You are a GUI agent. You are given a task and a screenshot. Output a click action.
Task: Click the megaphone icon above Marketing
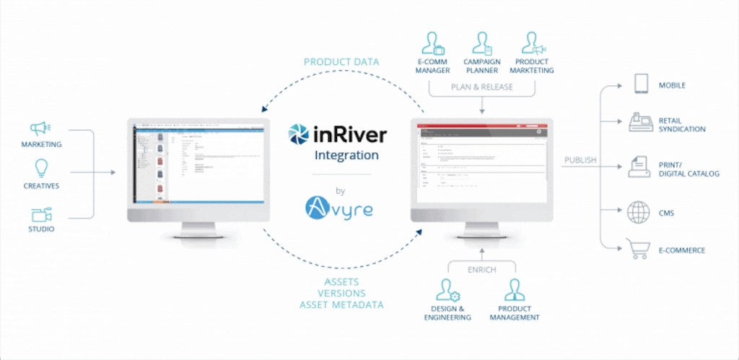pos(40,129)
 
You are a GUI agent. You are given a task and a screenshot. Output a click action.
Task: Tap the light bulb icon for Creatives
pos(41,170)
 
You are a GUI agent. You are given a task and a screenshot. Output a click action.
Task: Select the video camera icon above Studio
pos(40,214)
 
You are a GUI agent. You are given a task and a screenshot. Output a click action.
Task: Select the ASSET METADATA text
pos(341,305)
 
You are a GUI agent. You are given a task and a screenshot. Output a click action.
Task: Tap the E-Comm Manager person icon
pos(432,44)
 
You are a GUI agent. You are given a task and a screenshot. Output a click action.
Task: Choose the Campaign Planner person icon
pos(481,44)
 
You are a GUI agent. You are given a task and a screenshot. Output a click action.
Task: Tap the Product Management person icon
pos(514,291)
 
